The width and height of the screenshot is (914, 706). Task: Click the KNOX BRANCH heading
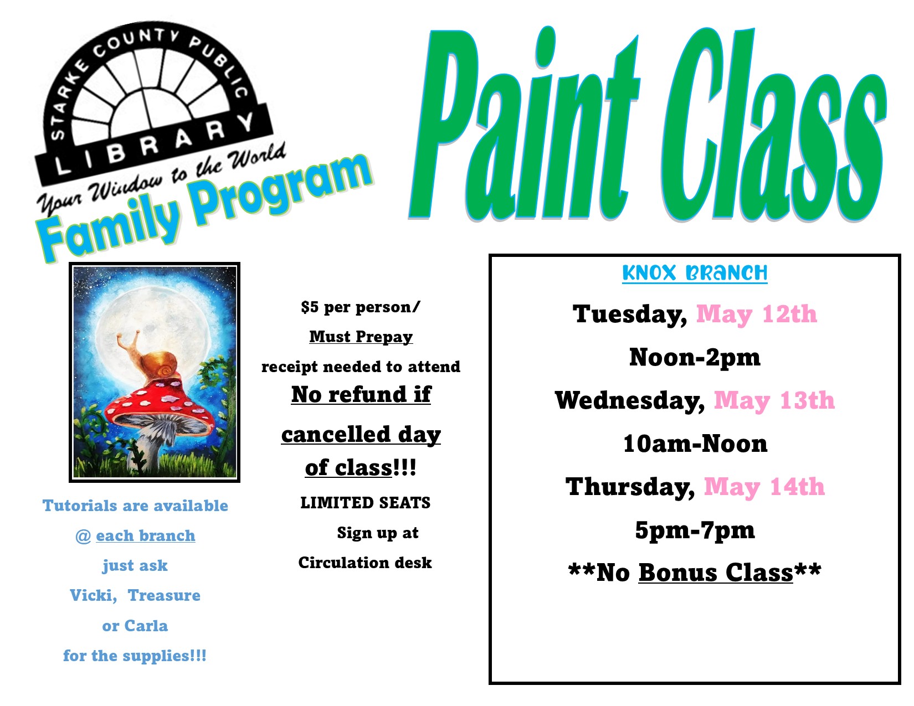(x=695, y=273)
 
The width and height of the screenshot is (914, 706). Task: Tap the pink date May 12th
(x=756, y=314)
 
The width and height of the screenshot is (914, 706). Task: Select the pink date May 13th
(x=774, y=400)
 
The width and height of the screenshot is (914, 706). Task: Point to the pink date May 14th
(x=764, y=487)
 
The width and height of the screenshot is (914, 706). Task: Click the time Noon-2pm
(x=695, y=357)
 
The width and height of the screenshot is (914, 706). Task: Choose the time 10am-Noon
(x=695, y=444)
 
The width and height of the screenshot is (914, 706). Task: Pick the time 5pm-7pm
(x=695, y=530)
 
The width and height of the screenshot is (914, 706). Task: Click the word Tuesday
(x=629, y=314)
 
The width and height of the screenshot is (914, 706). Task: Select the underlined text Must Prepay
(x=361, y=337)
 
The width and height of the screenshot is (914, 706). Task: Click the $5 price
(x=310, y=307)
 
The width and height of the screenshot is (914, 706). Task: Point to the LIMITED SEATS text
(x=365, y=502)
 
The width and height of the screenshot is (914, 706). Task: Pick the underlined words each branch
(x=146, y=535)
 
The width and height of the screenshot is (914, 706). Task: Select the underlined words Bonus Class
(x=716, y=573)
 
